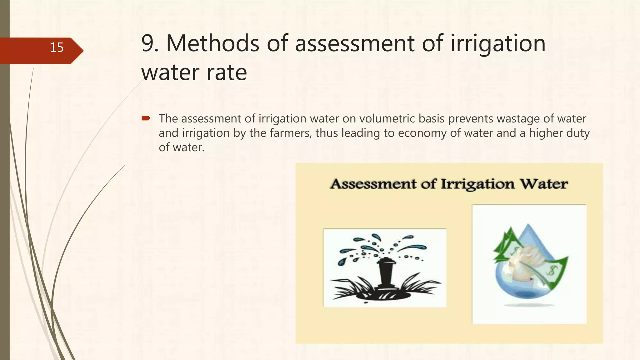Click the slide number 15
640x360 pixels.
[x=57, y=47]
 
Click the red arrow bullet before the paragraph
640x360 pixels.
[x=146, y=118]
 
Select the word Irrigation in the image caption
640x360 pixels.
[x=477, y=184]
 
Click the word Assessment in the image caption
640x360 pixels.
[x=373, y=184]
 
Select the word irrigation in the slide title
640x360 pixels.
[x=498, y=43]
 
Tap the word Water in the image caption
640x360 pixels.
[x=544, y=184]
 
